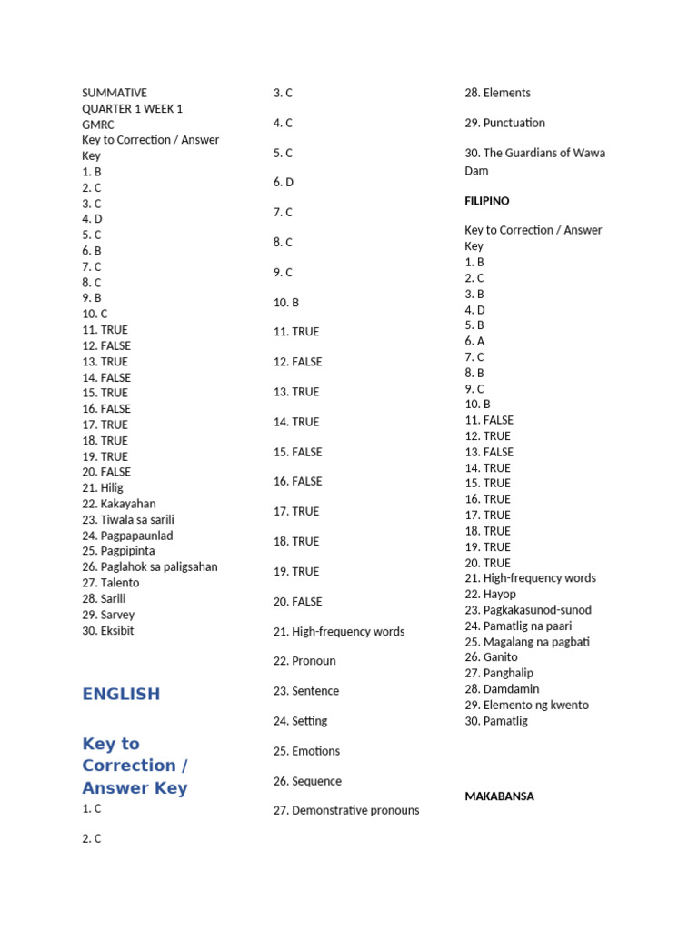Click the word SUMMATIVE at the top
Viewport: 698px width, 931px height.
point(115,93)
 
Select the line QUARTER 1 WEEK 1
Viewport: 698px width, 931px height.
point(133,108)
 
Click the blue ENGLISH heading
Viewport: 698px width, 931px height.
point(121,694)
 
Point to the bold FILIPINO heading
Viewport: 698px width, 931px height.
point(487,201)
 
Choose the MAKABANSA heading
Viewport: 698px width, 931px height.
point(500,796)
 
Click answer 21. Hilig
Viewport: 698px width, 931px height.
point(103,487)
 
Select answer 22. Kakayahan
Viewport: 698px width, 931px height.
point(119,504)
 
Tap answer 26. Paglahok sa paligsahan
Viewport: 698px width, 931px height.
point(150,566)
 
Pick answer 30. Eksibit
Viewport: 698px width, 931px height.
point(108,630)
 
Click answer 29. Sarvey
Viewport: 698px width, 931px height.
point(108,615)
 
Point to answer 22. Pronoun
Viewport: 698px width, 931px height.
point(304,661)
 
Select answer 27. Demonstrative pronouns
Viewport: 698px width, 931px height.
point(346,810)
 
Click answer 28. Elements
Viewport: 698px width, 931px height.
point(498,93)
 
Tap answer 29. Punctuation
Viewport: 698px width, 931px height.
point(505,123)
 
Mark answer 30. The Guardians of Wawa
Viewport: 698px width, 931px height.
point(534,153)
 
